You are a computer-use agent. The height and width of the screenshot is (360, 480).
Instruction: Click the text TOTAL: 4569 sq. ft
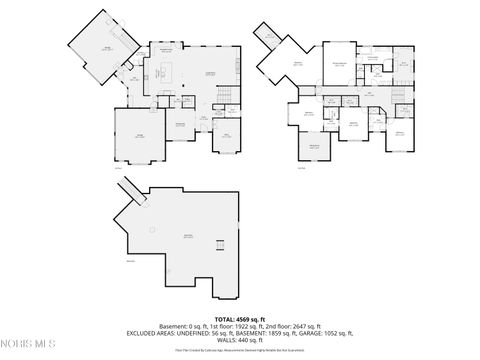239,317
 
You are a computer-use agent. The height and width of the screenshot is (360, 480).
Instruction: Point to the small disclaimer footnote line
239,351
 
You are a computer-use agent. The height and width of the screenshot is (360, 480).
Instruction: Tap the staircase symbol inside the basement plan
221,246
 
